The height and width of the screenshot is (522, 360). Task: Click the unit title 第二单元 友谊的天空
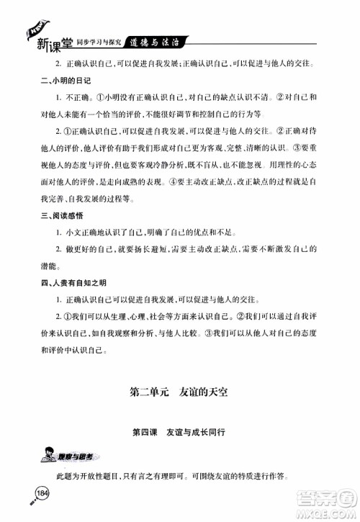pyautogui.click(x=180, y=393)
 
